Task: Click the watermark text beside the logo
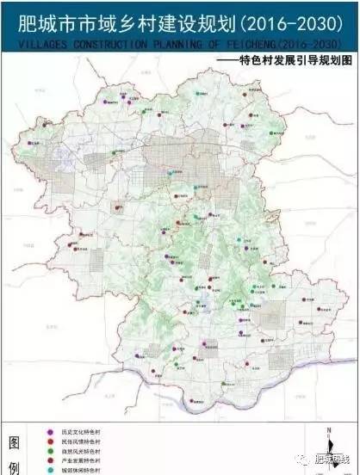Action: point(331,462)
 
